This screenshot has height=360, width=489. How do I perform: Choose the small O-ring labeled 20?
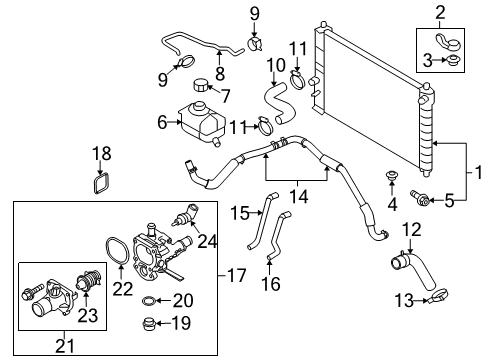click(x=148, y=301)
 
